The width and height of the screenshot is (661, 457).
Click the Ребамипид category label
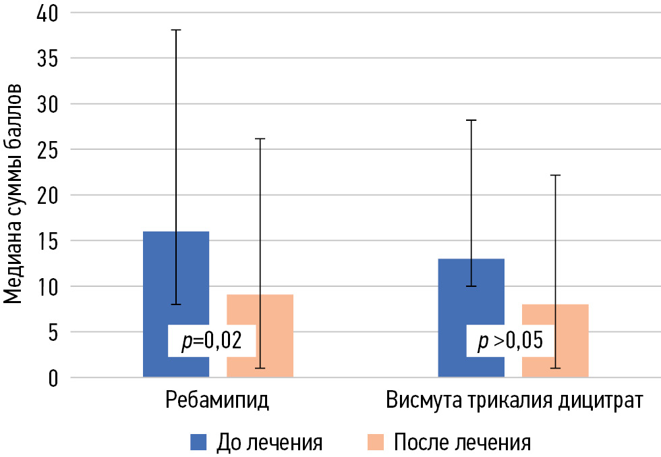pos(217,400)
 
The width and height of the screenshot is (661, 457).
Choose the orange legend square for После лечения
pos(375,442)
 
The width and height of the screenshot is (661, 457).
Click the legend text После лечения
pos(462,442)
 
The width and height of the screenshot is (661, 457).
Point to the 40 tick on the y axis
pos(43,13)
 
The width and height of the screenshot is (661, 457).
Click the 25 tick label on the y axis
pos(43,150)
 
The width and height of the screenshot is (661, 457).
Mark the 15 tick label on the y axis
pos(43,241)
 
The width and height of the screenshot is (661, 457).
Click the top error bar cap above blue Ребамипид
pos(176,30)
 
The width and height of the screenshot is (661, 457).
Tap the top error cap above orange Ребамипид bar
pos(260,138)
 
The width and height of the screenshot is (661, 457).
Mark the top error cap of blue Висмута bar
pos(471,120)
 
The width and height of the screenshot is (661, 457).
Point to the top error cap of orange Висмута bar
pos(555,175)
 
